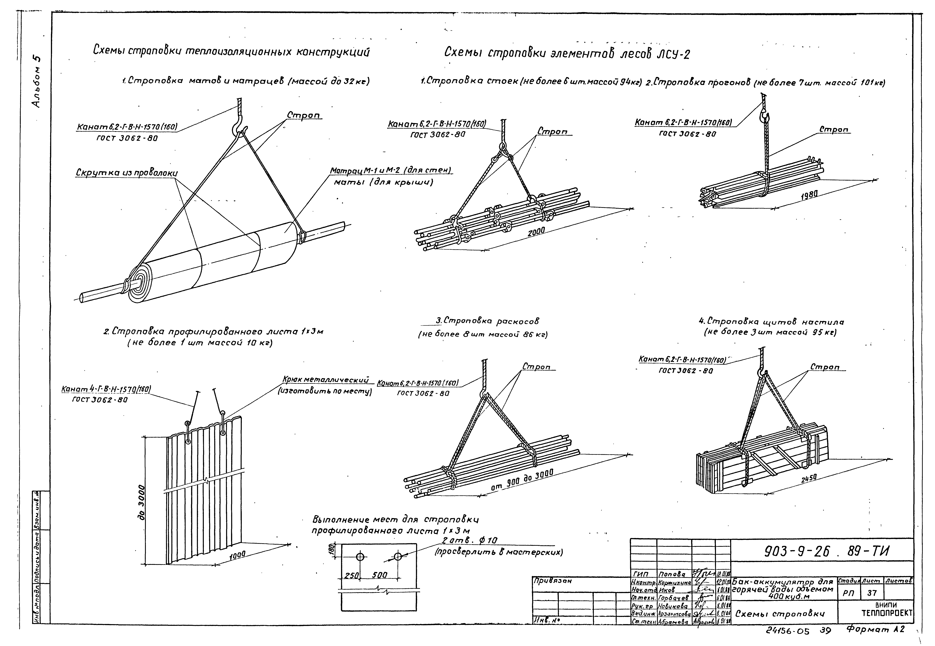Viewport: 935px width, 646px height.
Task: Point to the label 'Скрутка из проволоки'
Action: click(127, 173)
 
